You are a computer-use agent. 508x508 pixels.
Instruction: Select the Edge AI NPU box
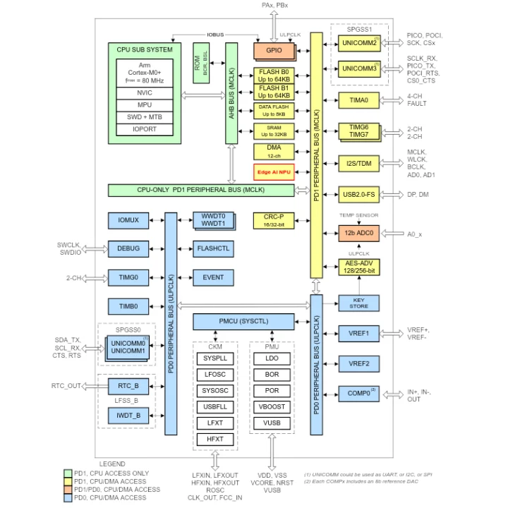[x=274, y=171]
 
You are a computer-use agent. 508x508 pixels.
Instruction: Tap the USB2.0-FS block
[x=358, y=194]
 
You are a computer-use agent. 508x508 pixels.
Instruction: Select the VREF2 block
[x=358, y=363]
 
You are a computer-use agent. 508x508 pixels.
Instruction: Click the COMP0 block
[x=358, y=393]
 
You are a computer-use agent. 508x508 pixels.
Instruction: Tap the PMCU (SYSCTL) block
[x=243, y=322]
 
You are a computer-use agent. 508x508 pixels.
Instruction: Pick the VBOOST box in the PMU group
[x=272, y=407]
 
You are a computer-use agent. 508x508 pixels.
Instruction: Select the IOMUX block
[x=128, y=221]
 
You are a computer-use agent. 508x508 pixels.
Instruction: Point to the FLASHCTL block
[x=213, y=249]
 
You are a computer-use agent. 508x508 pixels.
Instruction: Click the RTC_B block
[x=128, y=385]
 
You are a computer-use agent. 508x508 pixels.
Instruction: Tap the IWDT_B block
[x=128, y=416]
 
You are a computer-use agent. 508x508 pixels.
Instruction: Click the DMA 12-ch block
[x=274, y=151]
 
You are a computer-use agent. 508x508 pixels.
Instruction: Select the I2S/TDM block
[x=358, y=164]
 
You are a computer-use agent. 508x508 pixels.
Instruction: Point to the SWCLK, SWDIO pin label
[x=69, y=248]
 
